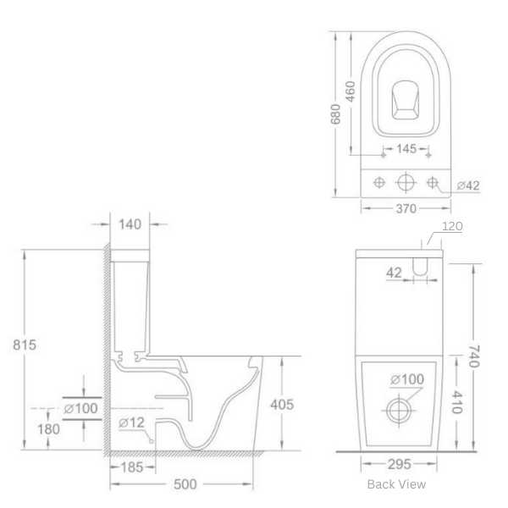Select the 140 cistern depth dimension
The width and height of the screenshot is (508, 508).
click(x=130, y=224)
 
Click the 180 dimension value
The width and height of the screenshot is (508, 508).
click(x=50, y=429)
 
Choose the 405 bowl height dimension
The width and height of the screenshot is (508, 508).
click(x=282, y=404)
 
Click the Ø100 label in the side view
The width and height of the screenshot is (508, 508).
click(x=81, y=408)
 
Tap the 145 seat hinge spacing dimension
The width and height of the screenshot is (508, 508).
click(x=406, y=150)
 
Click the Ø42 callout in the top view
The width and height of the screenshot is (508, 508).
click(x=468, y=185)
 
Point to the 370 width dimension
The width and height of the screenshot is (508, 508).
click(x=406, y=208)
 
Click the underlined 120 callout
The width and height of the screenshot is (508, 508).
click(x=453, y=226)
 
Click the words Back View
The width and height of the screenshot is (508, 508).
click(x=396, y=484)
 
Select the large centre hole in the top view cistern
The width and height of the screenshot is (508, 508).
click(x=406, y=182)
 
